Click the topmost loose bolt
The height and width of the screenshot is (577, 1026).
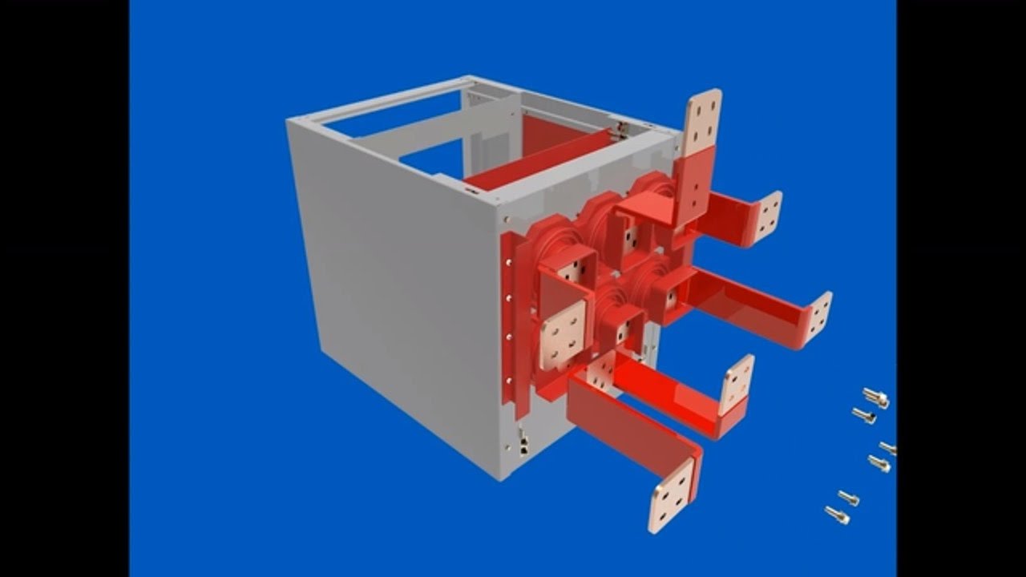click(x=876, y=397)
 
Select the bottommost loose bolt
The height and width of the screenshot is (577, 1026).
click(x=837, y=514)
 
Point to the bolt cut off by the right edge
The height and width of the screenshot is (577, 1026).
click(x=889, y=447)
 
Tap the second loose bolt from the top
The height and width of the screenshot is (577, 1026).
click(x=863, y=415)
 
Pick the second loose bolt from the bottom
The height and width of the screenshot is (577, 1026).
click(x=848, y=498)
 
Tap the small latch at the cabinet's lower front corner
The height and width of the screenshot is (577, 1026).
click(x=523, y=442)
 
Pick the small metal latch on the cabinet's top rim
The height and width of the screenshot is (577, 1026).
click(x=619, y=126)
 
